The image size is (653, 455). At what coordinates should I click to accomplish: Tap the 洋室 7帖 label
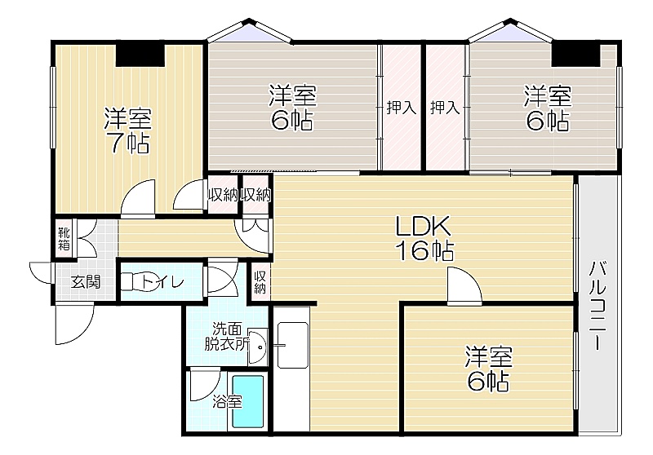[127, 130]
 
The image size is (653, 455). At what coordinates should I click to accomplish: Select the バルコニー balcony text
[598, 305]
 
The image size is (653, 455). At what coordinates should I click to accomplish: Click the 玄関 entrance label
[86, 282]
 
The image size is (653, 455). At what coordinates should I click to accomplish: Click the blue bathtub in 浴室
[248, 402]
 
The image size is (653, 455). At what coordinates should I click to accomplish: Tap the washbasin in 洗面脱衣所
[257, 347]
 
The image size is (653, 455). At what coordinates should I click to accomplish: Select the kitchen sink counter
[292, 345]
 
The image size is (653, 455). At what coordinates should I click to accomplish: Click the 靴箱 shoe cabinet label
[64, 239]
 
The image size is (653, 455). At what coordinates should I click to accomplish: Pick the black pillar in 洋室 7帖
[140, 54]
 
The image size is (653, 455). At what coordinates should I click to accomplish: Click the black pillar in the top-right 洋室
[576, 54]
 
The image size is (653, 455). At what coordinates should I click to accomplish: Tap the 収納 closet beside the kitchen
[260, 283]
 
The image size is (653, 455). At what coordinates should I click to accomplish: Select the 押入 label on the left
[401, 108]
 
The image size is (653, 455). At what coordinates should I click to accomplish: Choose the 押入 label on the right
[445, 108]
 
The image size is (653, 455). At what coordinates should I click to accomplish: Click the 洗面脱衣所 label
[227, 337]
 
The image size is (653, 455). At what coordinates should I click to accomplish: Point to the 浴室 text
[228, 402]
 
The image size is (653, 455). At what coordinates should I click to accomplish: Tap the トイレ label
[162, 282]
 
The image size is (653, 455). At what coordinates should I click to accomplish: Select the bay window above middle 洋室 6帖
[250, 30]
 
